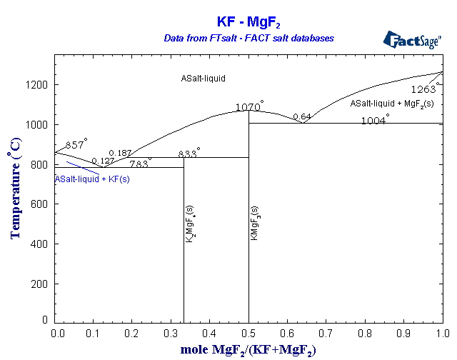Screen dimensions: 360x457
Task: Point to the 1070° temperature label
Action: pyautogui.click(x=249, y=107)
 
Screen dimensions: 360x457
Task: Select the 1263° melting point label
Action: pyautogui.click(x=426, y=89)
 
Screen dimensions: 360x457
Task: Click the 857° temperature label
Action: pyautogui.click(x=76, y=145)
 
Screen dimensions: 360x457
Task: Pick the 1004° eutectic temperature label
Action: pyautogui.click(x=374, y=120)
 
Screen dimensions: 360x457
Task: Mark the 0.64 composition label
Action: pyautogui.click(x=302, y=116)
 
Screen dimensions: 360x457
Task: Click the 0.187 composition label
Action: pyautogui.click(x=120, y=154)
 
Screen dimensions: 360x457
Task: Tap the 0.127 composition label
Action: pyautogui.click(x=103, y=161)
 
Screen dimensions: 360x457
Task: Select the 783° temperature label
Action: pyautogui.click(x=140, y=164)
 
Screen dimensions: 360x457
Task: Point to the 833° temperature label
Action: pyautogui.click(x=189, y=154)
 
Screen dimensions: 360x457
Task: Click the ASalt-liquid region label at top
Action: pyautogui.click(x=203, y=78)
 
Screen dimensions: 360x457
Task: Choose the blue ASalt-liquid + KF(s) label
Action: pyautogui.click(x=92, y=179)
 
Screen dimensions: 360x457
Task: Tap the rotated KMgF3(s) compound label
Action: pyautogui.click(x=254, y=223)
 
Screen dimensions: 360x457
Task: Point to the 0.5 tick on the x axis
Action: pyautogui.click(x=248, y=333)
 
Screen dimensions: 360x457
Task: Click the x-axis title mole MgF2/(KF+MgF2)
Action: pyautogui.click(x=248, y=350)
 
